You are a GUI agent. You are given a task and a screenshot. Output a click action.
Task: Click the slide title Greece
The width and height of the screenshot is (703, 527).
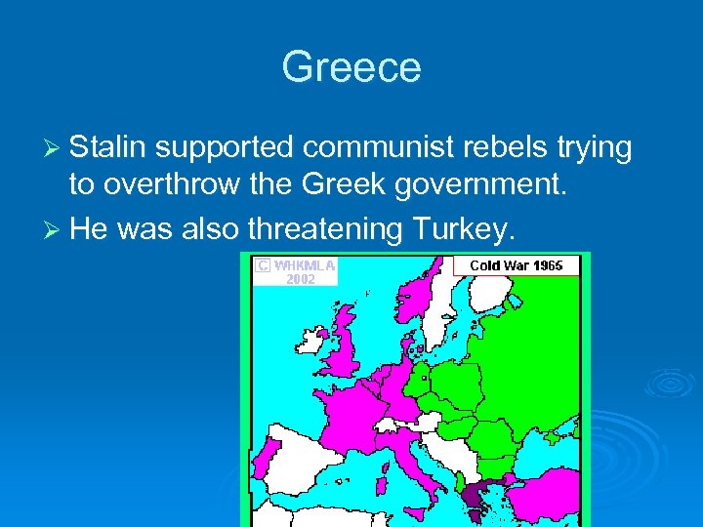click(x=351, y=67)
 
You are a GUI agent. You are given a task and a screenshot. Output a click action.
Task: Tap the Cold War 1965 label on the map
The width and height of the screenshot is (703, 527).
click(x=516, y=265)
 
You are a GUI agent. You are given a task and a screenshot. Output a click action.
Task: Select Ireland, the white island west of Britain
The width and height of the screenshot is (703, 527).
click(x=314, y=341)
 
